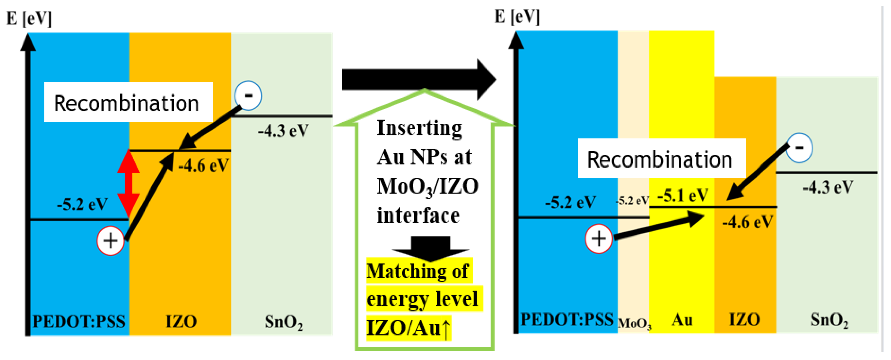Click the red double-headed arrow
(x=128, y=184)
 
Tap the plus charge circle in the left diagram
(x=110, y=241)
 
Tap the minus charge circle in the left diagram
(x=248, y=96)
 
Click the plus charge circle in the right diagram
(x=598, y=239)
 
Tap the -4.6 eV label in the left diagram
(x=203, y=166)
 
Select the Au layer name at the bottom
(x=682, y=320)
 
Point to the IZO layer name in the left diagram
(x=181, y=321)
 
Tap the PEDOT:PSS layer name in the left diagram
(x=79, y=321)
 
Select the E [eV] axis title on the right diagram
(x=517, y=17)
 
